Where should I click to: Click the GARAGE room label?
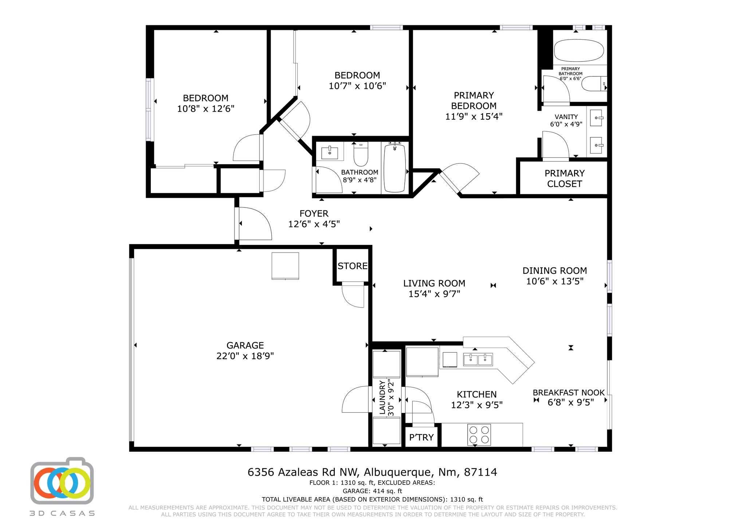click(245, 345)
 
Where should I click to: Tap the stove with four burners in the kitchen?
click(479, 435)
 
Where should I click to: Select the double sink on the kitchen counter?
click(478, 359)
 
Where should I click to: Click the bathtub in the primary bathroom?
click(579, 51)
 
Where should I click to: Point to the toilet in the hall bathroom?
click(361, 154)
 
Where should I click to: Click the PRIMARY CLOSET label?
click(564, 178)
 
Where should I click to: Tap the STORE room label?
click(352, 266)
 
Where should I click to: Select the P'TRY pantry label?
click(421, 437)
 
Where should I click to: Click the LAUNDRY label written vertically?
click(382, 397)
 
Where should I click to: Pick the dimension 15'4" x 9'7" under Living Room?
click(434, 294)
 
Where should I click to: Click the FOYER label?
click(314, 213)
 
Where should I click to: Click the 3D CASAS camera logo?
click(62, 481)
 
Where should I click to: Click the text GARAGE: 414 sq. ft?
click(372, 491)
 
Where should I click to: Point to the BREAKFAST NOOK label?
click(568, 393)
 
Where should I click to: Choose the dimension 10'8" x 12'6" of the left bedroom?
click(205, 108)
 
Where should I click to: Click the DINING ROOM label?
click(554, 270)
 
